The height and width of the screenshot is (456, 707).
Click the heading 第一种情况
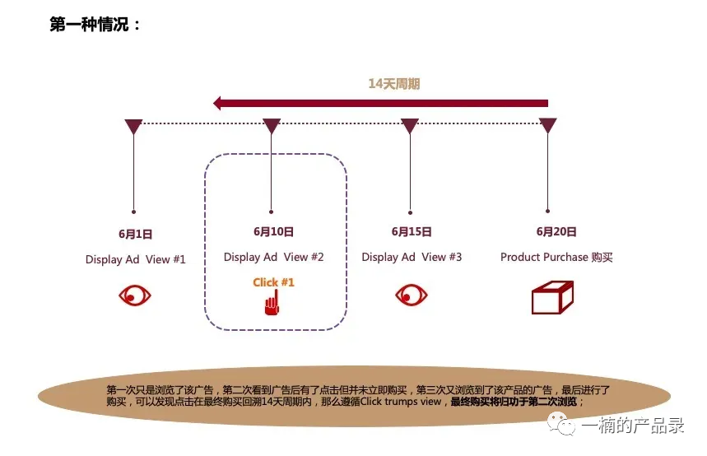point(95,25)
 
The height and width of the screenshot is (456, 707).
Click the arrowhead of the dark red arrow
point(220,103)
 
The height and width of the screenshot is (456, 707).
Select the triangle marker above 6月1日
point(133,126)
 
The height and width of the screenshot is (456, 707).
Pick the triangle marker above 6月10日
point(272,126)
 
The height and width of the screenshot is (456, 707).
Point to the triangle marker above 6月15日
point(410,126)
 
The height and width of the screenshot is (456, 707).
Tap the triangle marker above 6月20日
point(547,126)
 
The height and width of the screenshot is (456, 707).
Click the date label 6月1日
point(135,234)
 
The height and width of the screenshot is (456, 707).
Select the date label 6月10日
point(273,232)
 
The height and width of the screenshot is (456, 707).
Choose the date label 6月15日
point(412,232)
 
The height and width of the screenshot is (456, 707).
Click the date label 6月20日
point(556,232)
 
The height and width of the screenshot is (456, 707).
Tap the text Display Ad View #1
point(136,259)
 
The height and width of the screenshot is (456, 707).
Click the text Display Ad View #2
point(274,257)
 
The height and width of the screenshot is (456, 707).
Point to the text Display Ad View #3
point(412,257)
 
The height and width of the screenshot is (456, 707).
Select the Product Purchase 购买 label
point(556,257)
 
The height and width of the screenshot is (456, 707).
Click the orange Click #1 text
point(273,282)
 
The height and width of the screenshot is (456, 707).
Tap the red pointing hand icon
point(271,305)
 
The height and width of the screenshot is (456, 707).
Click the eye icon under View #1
point(135,295)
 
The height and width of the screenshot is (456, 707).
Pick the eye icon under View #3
point(412,295)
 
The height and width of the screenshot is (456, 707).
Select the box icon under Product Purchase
point(552,297)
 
